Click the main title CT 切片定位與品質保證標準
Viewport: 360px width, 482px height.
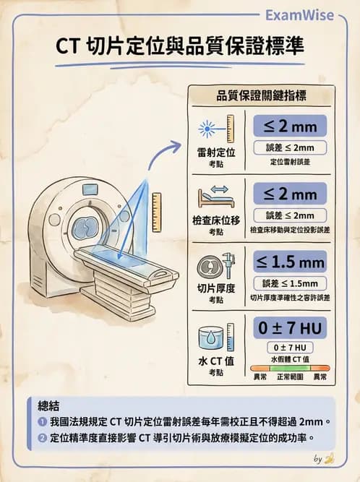[x=180, y=46]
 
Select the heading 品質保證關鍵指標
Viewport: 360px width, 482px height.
[x=260, y=96]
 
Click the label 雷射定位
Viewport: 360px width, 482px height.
[x=215, y=152]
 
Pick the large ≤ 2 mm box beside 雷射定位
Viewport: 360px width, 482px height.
[x=290, y=126]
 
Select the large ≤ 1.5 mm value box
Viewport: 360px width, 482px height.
[x=290, y=261]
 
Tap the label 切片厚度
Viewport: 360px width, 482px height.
[x=215, y=288]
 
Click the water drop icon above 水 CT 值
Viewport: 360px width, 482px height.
[x=210, y=337]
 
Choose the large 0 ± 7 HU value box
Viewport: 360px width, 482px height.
[x=290, y=327]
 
